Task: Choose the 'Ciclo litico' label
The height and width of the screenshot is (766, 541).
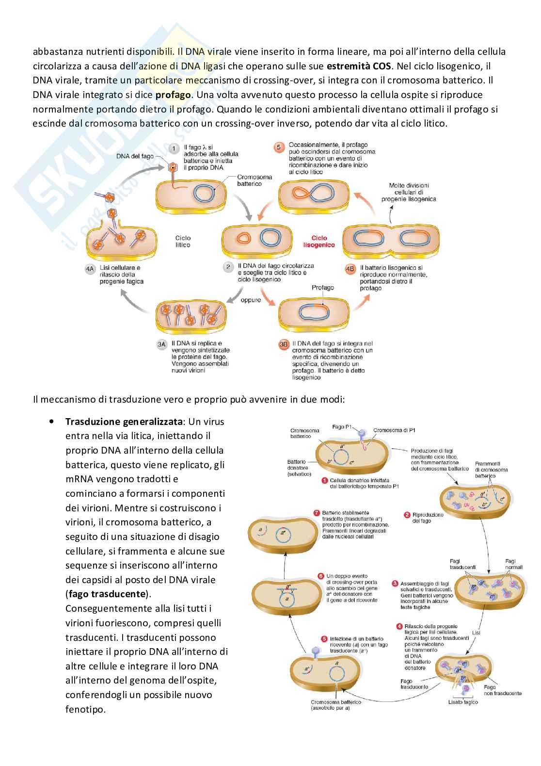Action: tap(183, 241)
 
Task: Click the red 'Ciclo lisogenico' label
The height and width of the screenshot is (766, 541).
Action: tap(319, 241)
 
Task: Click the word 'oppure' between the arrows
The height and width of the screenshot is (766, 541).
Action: tap(251, 300)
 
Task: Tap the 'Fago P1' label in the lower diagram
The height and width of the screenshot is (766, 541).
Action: tap(342, 427)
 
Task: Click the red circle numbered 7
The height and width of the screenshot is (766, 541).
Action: tap(317, 513)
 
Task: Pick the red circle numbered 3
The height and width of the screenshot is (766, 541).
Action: tap(395, 584)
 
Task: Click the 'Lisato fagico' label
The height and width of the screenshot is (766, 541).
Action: tap(463, 702)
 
